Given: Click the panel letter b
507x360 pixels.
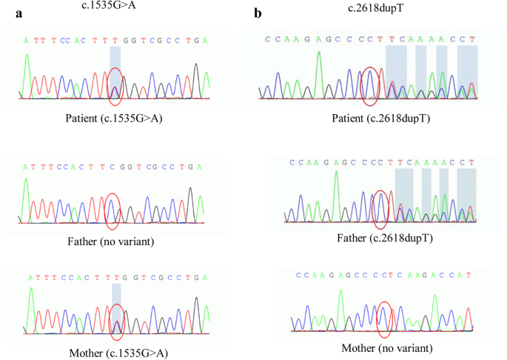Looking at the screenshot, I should pos(258,13).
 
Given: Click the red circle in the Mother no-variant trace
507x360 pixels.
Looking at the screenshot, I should pos(384,318).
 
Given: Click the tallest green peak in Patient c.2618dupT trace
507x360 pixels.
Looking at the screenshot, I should pos(318,70).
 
